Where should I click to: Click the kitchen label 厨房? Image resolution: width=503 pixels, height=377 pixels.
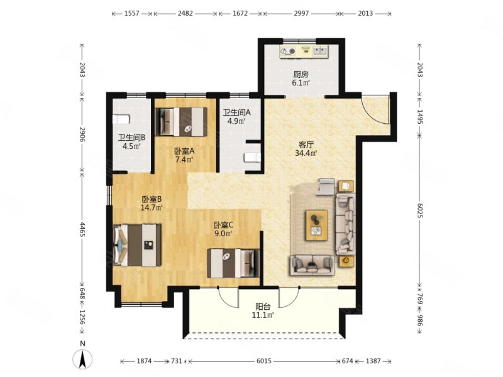[x=301, y=75]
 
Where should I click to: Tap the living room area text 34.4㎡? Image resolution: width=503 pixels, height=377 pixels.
[x=306, y=153]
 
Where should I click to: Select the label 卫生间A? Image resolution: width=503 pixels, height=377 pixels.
[x=237, y=112]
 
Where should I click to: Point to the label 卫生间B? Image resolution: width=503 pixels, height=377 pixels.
[x=132, y=138]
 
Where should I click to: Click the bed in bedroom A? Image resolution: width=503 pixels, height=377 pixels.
[x=181, y=122]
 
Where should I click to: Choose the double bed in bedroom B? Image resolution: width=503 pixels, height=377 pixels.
[x=137, y=245]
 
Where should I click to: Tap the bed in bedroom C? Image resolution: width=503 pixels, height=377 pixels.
[x=233, y=263]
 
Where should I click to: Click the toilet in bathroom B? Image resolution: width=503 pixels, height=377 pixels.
[x=121, y=119]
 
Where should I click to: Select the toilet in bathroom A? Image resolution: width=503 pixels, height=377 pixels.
[x=253, y=158]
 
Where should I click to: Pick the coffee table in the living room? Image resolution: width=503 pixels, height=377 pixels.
[x=317, y=225]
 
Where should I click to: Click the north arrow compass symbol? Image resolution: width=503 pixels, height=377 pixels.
[x=83, y=358]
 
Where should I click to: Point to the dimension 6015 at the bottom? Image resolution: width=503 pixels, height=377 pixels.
[x=264, y=361]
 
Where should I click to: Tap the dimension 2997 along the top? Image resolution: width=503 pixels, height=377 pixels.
[x=301, y=13]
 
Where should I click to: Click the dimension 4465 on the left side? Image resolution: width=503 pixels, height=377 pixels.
[x=82, y=229]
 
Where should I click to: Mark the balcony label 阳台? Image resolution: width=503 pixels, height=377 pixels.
[x=262, y=306]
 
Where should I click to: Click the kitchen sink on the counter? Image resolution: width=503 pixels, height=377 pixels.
[x=321, y=51]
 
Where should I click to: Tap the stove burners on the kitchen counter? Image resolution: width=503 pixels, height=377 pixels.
[x=288, y=51]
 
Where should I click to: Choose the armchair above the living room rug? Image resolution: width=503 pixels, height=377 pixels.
[x=326, y=187]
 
